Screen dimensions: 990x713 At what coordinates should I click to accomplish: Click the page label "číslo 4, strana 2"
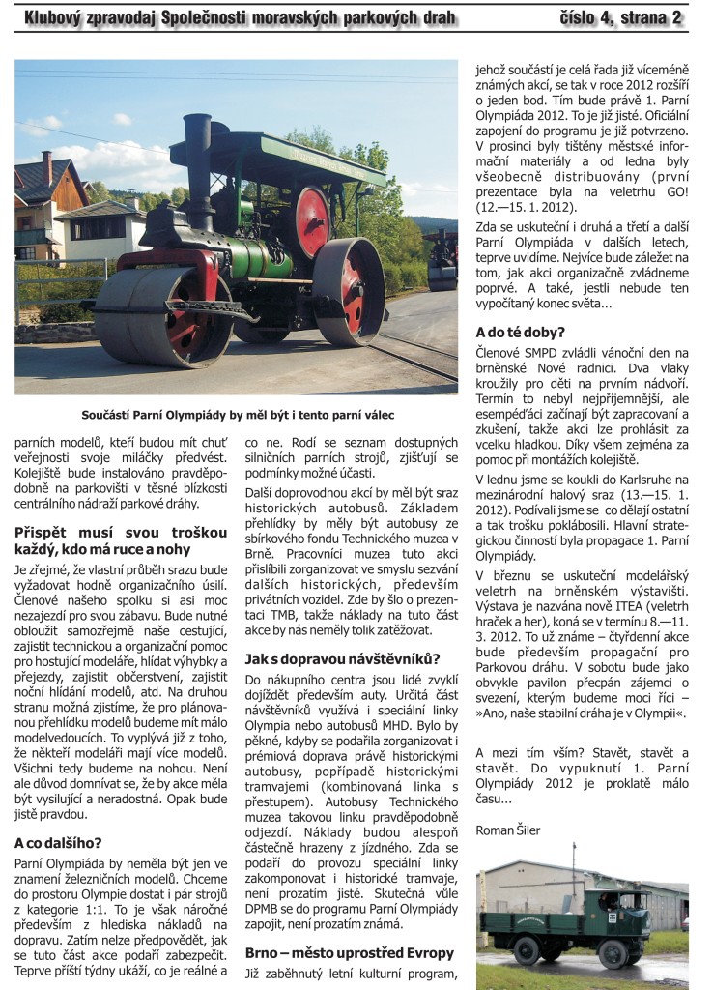click(x=621, y=17)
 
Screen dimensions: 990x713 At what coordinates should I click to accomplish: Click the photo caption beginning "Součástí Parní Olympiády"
click(x=237, y=415)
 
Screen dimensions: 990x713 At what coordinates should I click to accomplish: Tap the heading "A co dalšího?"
click(x=58, y=842)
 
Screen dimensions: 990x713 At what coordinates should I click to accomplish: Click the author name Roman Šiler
click(x=508, y=830)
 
